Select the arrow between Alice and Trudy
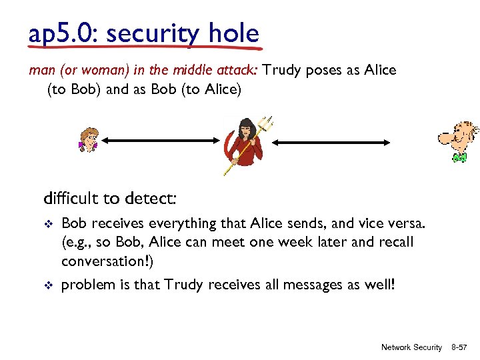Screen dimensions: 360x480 (x=159, y=141)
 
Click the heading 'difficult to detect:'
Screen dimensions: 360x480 (x=110, y=199)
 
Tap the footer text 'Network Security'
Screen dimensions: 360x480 (x=411, y=347)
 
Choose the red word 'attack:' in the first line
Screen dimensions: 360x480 (x=239, y=71)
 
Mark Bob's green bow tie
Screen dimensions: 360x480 (x=459, y=158)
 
